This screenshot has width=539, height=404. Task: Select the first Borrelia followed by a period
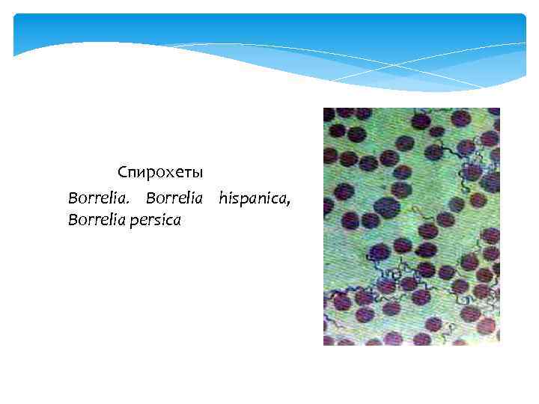pyautogui.click(x=93, y=198)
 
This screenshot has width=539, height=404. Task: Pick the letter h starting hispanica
pyautogui.click(x=222, y=198)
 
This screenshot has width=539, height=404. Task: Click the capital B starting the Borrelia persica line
pyautogui.click(x=72, y=220)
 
